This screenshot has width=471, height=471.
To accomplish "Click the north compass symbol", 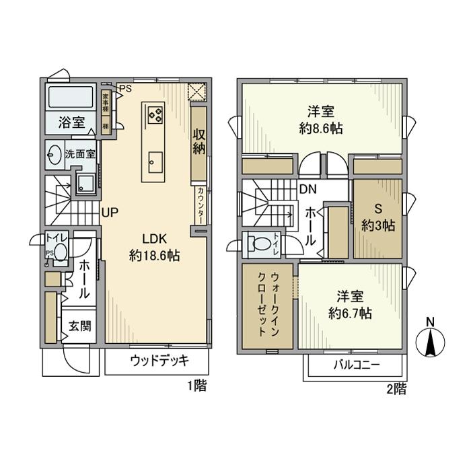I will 431,339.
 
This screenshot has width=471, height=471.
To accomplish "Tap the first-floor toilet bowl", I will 61,251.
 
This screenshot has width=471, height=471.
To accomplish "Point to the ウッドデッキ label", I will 159,360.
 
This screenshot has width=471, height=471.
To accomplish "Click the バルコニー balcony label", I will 357,366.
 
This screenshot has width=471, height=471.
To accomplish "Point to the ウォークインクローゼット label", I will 266,305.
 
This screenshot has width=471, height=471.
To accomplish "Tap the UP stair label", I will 110,212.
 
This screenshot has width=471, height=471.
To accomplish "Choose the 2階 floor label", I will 396,388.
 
